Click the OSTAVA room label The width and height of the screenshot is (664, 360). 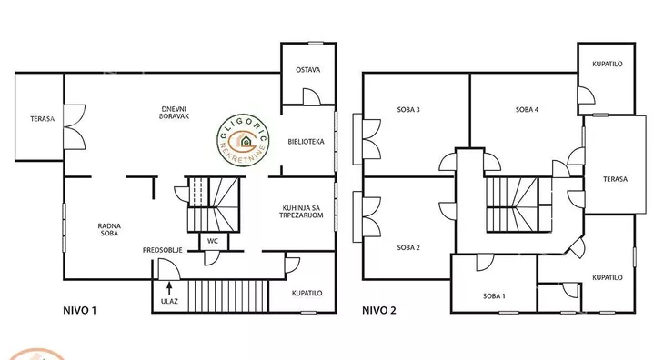point(307,70)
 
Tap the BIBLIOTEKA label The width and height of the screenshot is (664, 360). point(306,142)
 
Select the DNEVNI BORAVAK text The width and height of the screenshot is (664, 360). point(174,113)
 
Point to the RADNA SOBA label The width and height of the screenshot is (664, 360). point(109,230)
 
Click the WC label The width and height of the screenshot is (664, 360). point(213,241)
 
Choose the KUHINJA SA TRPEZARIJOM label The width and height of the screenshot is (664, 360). point(301,212)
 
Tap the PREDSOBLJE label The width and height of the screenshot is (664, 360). point(163,250)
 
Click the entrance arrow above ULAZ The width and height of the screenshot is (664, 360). point(169,287)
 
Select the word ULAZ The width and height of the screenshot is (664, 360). point(169,302)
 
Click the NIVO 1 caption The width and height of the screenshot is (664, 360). point(80,311)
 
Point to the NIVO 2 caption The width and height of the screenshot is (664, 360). point(379,311)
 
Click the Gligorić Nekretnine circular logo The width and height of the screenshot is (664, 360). point(243,140)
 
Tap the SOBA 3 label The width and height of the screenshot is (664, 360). point(408,110)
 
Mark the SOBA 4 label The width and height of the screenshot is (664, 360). point(527,110)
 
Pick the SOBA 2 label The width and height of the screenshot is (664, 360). point(408,247)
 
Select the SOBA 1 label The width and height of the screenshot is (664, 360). point(494,296)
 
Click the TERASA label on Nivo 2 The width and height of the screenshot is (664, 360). point(615,179)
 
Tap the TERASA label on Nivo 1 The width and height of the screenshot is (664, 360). point(43,119)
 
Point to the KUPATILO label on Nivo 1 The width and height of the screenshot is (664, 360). point(307,293)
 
